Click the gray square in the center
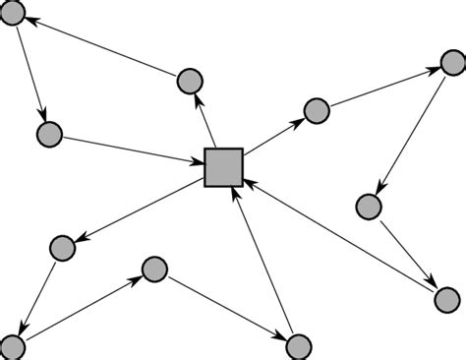(223, 166)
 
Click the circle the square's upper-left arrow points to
(190, 81)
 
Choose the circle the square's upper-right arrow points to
(316, 111)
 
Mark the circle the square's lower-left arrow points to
(62, 248)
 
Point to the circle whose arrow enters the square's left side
(48, 135)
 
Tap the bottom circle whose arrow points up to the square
(299, 345)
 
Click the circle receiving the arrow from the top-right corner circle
(368, 207)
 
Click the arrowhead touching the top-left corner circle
(30, 20)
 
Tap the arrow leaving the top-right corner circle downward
(412, 134)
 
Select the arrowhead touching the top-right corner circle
(434, 72)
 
